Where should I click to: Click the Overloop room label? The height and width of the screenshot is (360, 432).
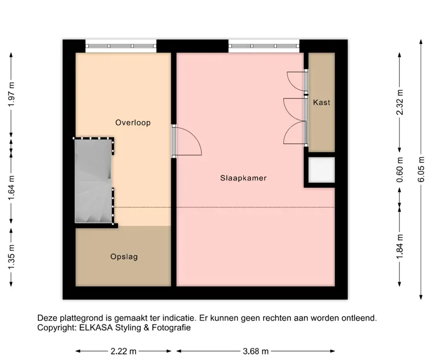tap(133, 122)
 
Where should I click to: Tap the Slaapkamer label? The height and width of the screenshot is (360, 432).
tap(243, 178)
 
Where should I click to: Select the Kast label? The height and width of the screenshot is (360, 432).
tap(322, 102)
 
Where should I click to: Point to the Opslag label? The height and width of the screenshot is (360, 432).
tap(124, 257)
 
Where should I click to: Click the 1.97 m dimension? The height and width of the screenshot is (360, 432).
tap(12, 95)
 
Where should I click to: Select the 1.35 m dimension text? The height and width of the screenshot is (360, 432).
tap(12, 257)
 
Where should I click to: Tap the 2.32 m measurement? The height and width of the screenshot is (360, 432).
tap(400, 102)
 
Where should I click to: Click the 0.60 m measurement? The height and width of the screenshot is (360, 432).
tap(400, 169)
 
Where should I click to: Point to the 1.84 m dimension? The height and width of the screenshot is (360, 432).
tap(400, 247)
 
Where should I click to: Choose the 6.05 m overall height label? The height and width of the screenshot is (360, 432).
tap(421, 169)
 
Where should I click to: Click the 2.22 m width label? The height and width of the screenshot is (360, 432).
tap(123, 351)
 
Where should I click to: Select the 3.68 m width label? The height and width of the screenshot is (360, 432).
tap(256, 351)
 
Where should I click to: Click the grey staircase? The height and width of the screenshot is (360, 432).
tap(94, 181)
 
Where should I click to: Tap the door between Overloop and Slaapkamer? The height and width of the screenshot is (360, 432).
tap(187, 141)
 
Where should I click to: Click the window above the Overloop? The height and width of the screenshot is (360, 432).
tap(121, 46)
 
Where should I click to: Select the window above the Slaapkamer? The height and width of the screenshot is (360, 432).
tap(264, 46)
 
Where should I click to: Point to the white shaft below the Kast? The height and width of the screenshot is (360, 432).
tap(322, 169)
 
